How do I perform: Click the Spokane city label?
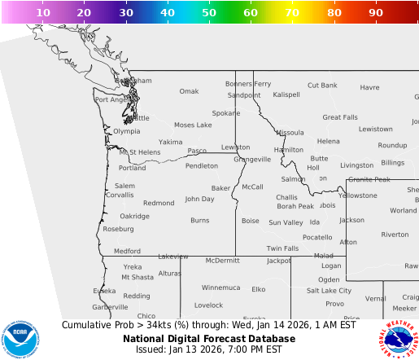[225, 113]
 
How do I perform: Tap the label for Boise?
[250, 221]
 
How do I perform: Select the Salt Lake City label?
[329, 291]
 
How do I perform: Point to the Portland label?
[133, 168]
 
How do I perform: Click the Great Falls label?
[339, 117]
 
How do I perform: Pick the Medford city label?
[127, 252]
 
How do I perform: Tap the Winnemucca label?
[221, 288]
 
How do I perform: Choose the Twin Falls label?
[282, 248]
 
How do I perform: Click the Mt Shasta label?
[137, 278]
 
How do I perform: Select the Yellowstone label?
[358, 195]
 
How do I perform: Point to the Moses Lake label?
[193, 125]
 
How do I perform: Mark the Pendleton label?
[202, 165]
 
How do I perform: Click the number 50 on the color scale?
[209, 13]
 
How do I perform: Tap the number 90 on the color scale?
[375, 13]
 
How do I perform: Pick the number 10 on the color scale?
[43, 13]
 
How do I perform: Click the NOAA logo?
[20, 337]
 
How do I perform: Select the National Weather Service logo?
[398, 337]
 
